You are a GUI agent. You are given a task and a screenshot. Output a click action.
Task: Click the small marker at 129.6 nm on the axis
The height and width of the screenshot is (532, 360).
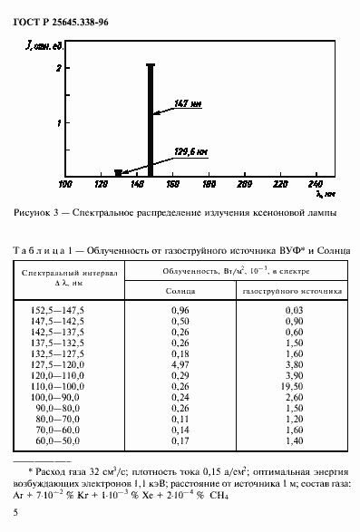[x=118, y=172]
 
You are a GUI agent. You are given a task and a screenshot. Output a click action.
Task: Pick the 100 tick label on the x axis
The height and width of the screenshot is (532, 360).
[x=65, y=184]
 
